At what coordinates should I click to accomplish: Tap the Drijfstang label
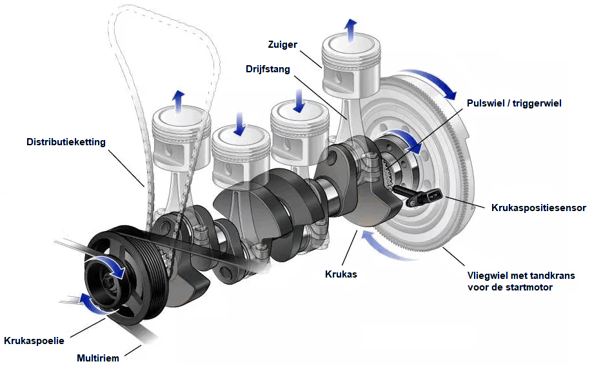(x=268, y=68)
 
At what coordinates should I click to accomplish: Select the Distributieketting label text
(x=66, y=141)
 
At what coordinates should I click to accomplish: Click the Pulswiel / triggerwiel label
(x=514, y=103)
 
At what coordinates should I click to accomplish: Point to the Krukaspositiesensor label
(x=538, y=208)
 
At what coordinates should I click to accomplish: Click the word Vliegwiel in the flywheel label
(x=487, y=276)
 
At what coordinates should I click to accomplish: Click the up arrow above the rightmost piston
(x=350, y=29)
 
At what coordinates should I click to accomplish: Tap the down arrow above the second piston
(x=239, y=122)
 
